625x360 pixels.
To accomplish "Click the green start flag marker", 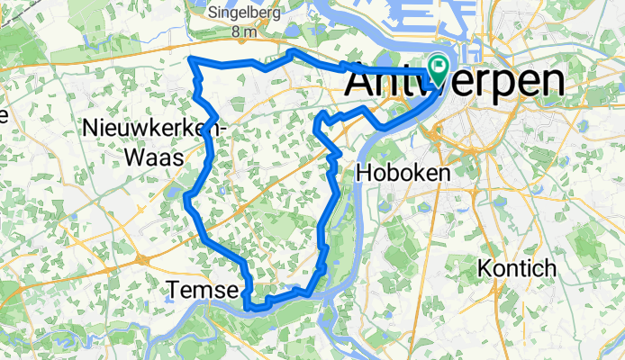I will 439,66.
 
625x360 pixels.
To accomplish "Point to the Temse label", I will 203,290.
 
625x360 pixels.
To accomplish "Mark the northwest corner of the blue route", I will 191,59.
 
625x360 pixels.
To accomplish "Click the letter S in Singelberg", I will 213,13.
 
